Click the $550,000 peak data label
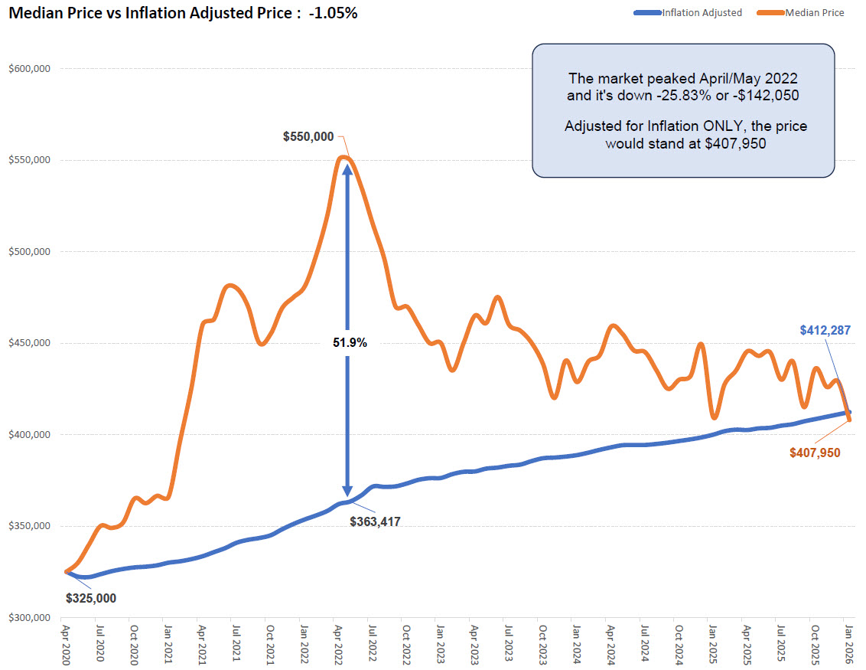point(308,137)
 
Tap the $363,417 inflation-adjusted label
point(375,521)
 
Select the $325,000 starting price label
point(91,598)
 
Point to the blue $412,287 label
point(825,331)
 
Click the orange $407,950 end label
point(815,453)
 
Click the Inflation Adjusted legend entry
point(702,12)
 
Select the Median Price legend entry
point(814,12)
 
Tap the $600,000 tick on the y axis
point(29,69)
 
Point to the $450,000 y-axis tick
point(29,343)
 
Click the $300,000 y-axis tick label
point(29,618)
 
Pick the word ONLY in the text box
point(724,126)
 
